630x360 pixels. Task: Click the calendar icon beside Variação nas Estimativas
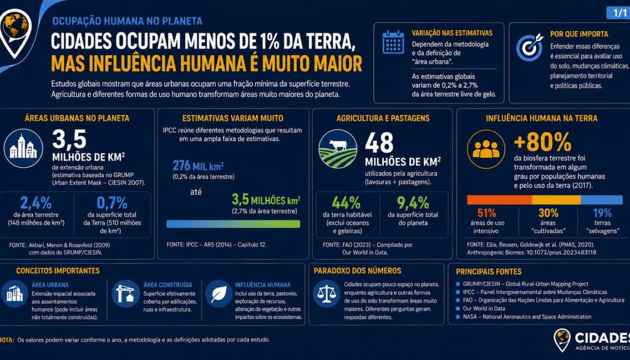coord(393,42)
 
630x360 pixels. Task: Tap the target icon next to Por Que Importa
coord(529,46)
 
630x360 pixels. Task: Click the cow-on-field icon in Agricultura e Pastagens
coord(338,149)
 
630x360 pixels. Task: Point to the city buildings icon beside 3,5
coord(23,148)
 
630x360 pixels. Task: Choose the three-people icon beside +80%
coord(486,149)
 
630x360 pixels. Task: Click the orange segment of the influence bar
coord(499,199)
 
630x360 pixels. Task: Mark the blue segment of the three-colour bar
coord(601,199)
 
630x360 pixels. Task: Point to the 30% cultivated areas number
coord(548,213)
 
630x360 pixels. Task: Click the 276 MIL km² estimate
coord(198,165)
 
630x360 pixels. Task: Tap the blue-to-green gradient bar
coord(233,224)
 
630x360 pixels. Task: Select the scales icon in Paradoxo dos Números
coord(326,293)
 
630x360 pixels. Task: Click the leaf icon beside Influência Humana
coord(218,293)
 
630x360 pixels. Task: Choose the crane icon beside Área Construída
coord(125,293)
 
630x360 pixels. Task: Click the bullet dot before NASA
coord(458,316)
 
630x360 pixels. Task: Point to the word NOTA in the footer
coord(7,340)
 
